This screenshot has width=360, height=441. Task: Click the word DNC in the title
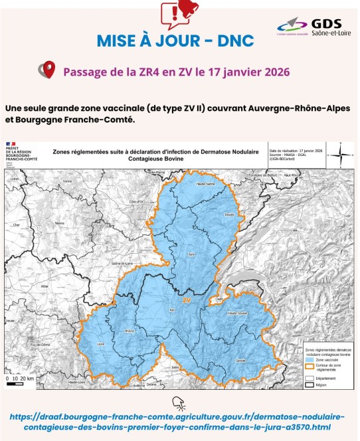[x=235, y=41]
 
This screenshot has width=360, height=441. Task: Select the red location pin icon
[x=46, y=70]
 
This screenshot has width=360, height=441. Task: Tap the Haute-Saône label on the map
[x=205, y=183]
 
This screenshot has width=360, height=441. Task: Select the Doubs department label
[x=229, y=215]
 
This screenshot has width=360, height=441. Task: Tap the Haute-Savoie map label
[x=237, y=313]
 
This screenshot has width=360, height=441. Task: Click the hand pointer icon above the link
[x=180, y=402]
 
